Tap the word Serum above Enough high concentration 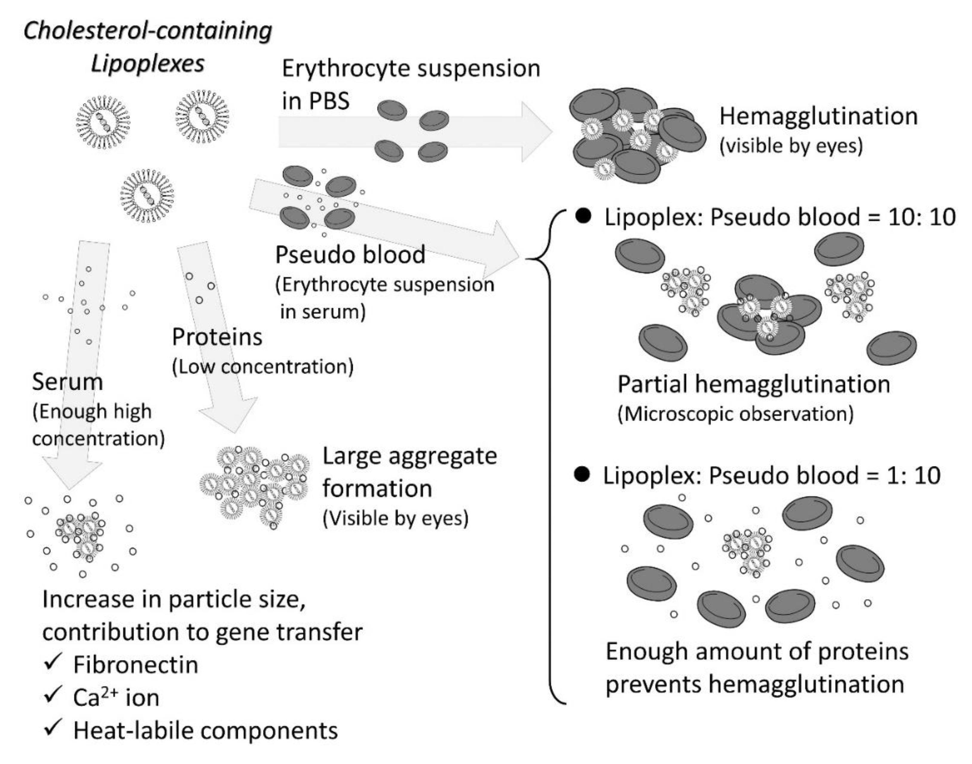click(67, 382)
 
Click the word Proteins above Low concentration click(217, 337)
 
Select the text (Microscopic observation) click(735, 414)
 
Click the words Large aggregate click(409, 456)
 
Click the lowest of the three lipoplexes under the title click(147, 195)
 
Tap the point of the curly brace click(528, 258)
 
